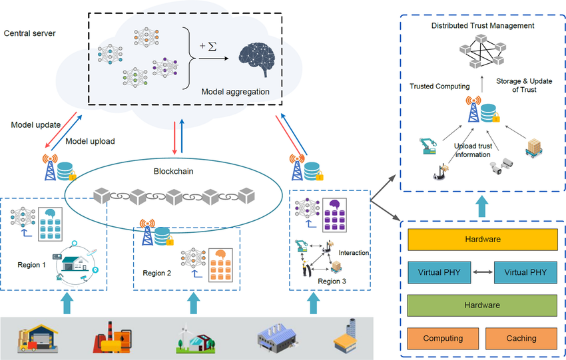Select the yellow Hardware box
point(482,239)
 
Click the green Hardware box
point(482,305)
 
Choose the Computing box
point(443,338)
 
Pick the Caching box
point(521,338)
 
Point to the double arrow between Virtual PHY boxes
point(482,271)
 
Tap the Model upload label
point(91,141)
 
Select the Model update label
point(36,124)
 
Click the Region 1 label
point(32,265)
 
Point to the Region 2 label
point(157,273)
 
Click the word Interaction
point(354,253)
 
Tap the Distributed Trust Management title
point(482,25)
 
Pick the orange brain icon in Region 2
point(219,256)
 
